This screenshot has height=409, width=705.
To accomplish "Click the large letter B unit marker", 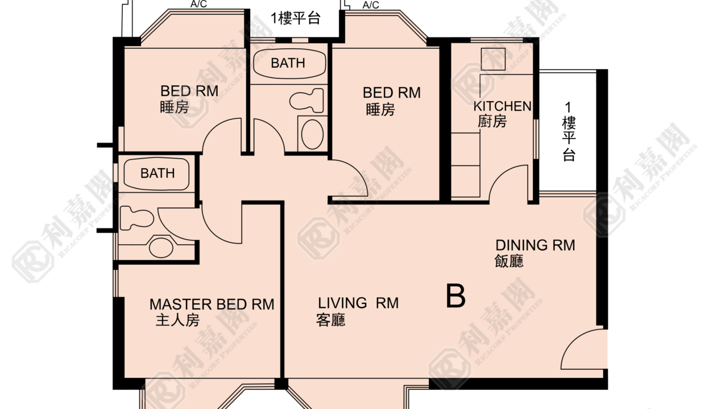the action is coord(455,295).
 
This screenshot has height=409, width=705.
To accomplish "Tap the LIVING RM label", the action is coord(358,303).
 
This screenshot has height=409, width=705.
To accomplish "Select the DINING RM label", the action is coord(535,245).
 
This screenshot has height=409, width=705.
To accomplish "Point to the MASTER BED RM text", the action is coord(212,304).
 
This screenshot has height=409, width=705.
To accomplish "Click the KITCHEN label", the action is coord(503,106).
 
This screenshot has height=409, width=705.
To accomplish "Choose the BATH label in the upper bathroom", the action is coord(288,63).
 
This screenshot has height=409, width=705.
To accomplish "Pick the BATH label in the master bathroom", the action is coord(157,173).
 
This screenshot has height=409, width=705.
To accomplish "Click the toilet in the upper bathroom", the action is coord(306,101).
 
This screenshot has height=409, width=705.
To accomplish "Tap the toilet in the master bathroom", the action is coord(136,218).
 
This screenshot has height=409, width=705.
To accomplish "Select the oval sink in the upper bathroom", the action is coord(312,134).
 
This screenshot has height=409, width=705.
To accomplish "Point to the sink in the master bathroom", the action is coord(161,248).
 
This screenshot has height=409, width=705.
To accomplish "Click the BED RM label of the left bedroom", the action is coord(189,91).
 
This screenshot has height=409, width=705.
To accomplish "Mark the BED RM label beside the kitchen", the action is coord(392,93).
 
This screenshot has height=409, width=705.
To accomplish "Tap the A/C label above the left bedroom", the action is coord(198,4).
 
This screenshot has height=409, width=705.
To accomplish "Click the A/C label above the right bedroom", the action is coord(371,5).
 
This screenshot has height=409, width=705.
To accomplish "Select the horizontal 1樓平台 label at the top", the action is coord(296,18).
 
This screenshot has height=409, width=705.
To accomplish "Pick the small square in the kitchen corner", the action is coord(493,59).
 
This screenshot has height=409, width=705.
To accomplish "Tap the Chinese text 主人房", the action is coord(177,320).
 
